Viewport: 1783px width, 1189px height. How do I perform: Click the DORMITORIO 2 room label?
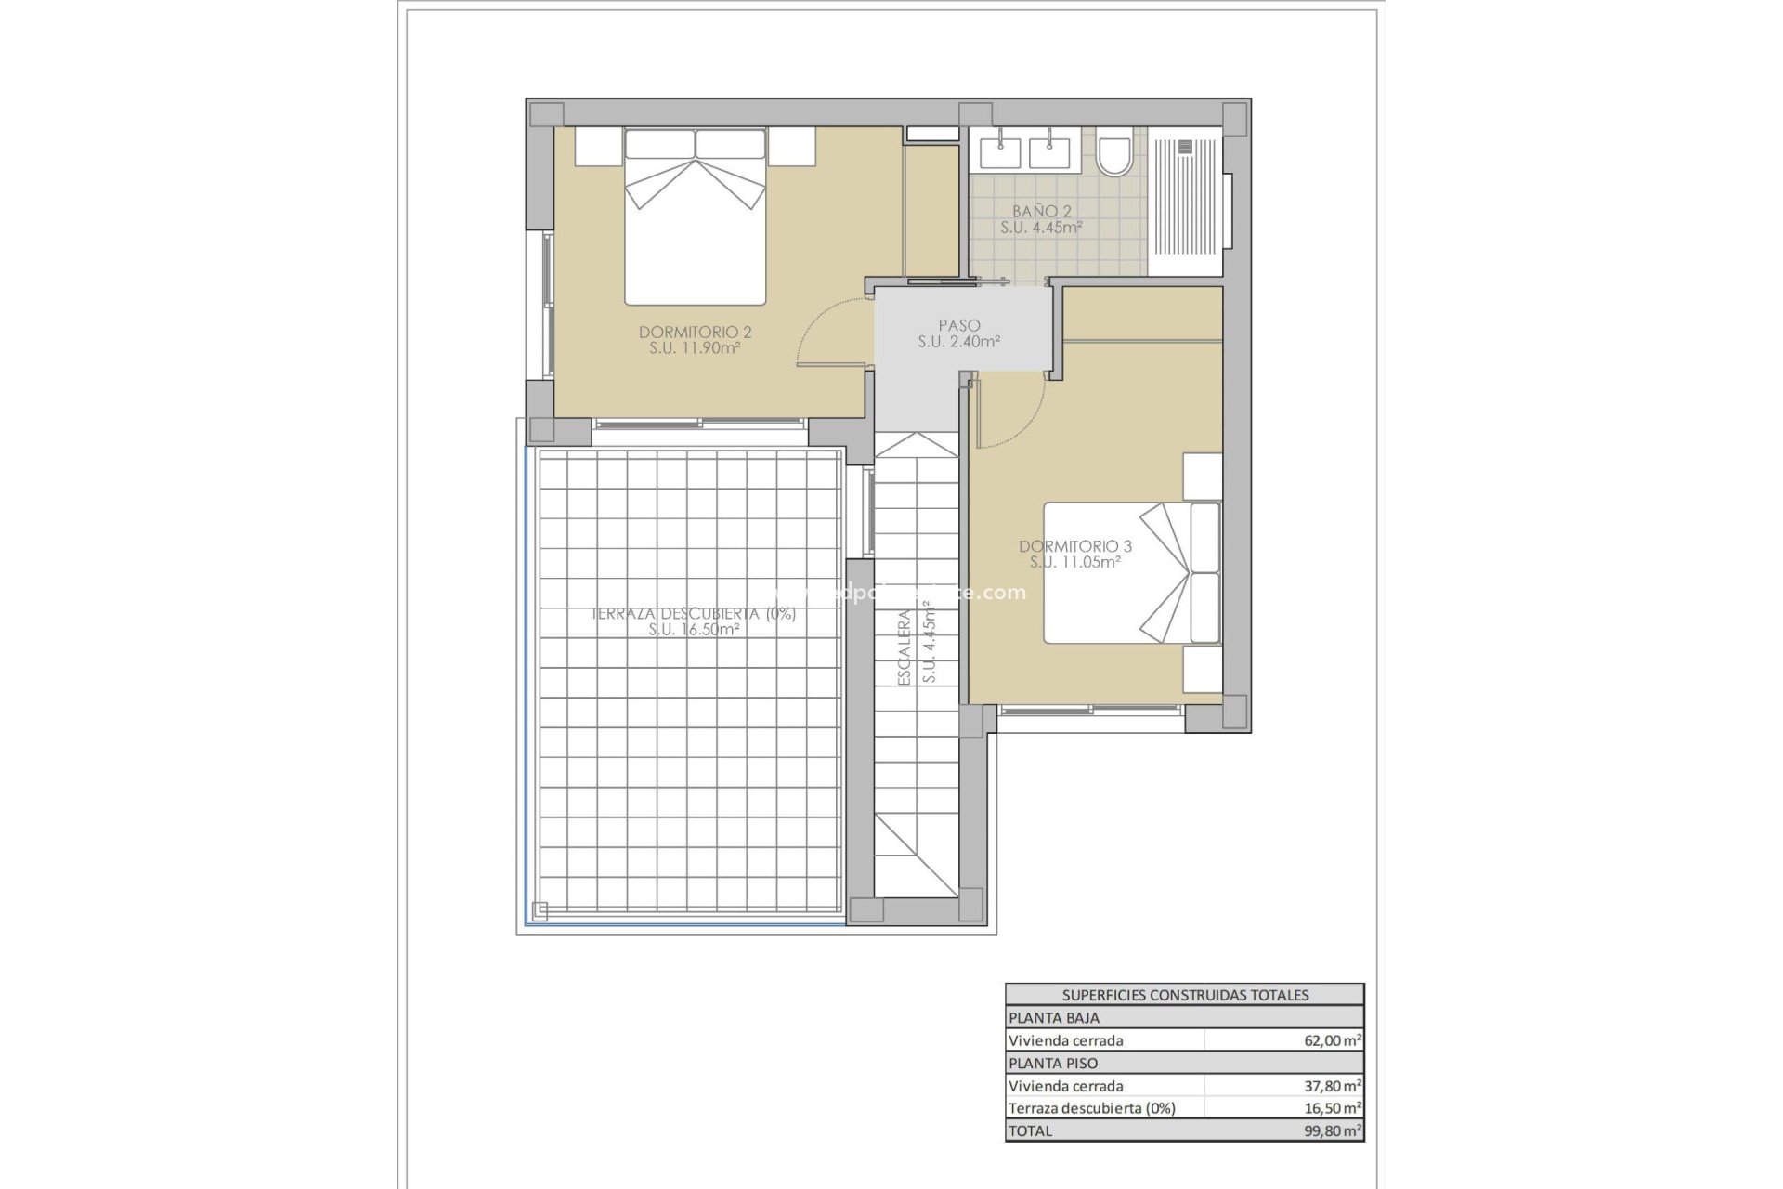pyautogui.click(x=695, y=332)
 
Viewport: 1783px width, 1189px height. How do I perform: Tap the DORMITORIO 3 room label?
pyautogui.click(x=1074, y=546)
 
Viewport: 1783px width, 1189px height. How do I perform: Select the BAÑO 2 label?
pyautogui.click(x=1041, y=212)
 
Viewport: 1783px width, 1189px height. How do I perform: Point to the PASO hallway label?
pyautogui.click(x=958, y=326)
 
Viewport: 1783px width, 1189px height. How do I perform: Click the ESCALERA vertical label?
pyautogui.click(x=904, y=647)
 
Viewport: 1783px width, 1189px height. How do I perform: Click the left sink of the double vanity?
pyautogui.click(x=1000, y=151)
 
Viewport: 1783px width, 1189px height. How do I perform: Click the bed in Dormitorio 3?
pyautogui.click(x=1131, y=572)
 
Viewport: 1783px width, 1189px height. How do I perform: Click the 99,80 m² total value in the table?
pyautogui.click(x=1332, y=1130)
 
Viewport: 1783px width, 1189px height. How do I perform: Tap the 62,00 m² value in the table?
pyautogui.click(x=1332, y=1041)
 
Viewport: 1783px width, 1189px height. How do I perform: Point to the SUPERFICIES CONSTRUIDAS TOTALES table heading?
pyautogui.click(x=1184, y=995)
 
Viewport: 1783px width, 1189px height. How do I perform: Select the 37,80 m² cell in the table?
pyautogui.click(x=1332, y=1086)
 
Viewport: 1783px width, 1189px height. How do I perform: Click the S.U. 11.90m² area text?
pyautogui.click(x=695, y=348)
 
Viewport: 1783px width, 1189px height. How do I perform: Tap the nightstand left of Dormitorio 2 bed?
pyautogui.click(x=596, y=147)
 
